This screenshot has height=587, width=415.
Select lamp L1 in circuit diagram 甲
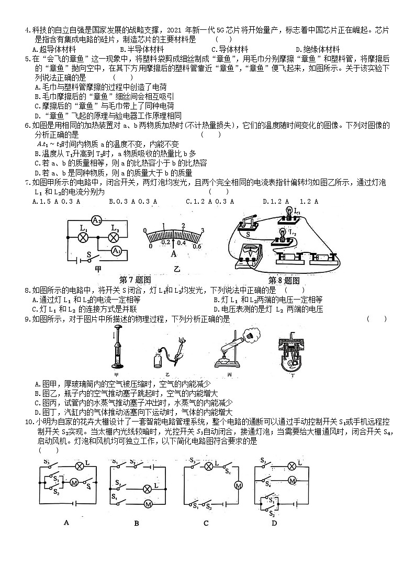click(83, 237)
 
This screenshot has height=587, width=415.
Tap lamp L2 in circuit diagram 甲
click(114, 237)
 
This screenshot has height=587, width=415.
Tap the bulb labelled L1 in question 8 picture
click(287, 211)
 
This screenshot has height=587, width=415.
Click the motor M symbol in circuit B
click(148, 503)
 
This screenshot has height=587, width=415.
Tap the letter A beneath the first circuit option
click(66, 522)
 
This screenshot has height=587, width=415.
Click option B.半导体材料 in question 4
click(138, 49)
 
